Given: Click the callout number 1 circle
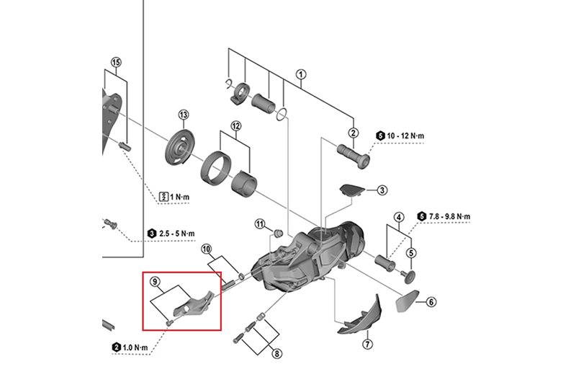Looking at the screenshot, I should click(301, 74).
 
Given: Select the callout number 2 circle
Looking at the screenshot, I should click(354, 133).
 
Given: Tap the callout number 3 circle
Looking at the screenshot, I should click(382, 190).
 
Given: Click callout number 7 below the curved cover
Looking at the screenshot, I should click(368, 344).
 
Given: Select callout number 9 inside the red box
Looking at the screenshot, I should click(155, 285).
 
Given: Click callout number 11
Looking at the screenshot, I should click(260, 225).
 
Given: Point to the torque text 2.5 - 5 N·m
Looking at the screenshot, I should click(176, 234).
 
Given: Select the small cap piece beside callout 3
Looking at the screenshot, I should click(351, 189).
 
